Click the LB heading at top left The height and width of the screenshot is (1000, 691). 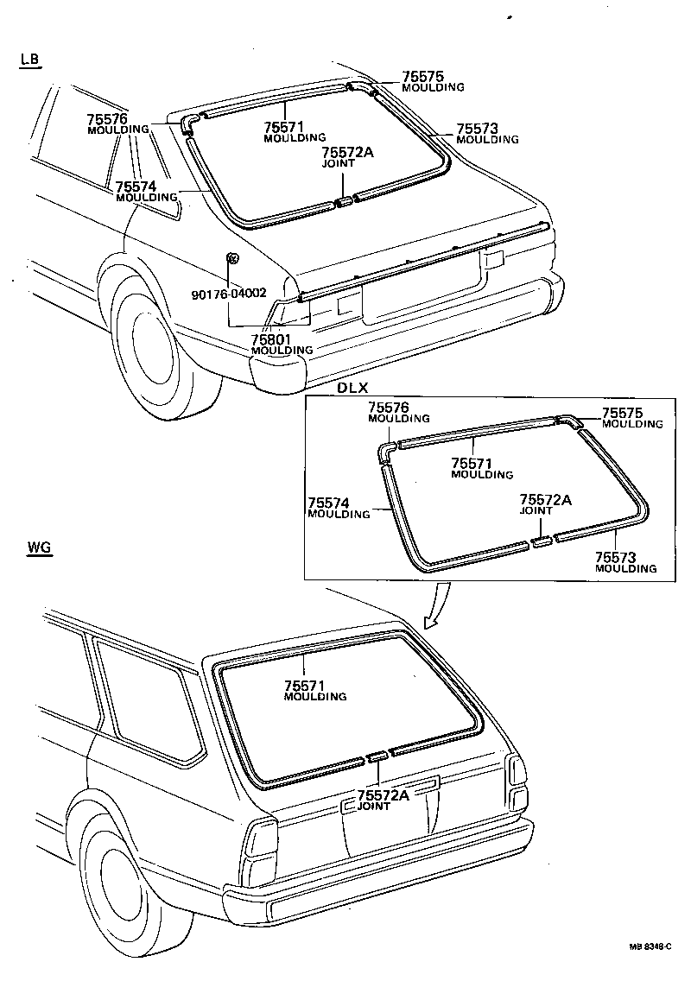tap(30, 60)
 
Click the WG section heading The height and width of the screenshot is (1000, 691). tap(40, 548)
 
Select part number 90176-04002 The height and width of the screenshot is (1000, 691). tap(229, 294)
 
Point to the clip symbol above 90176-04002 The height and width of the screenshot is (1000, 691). tap(232, 259)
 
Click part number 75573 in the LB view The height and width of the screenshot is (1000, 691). tap(476, 128)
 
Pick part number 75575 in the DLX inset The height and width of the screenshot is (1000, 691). tap(621, 414)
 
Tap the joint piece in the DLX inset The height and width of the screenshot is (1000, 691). tap(541, 541)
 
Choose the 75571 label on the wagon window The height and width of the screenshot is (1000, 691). tap(304, 686)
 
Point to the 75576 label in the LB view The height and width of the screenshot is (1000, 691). tap(107, 119)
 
